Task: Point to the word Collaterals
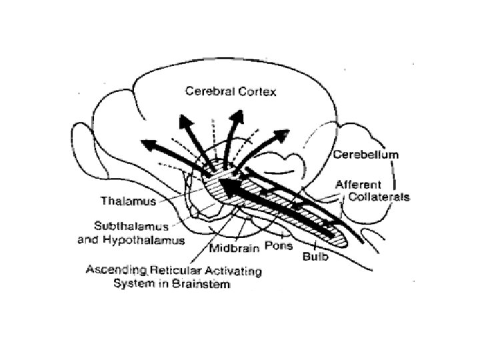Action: point(379,197)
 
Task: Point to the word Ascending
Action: point(115,271)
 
